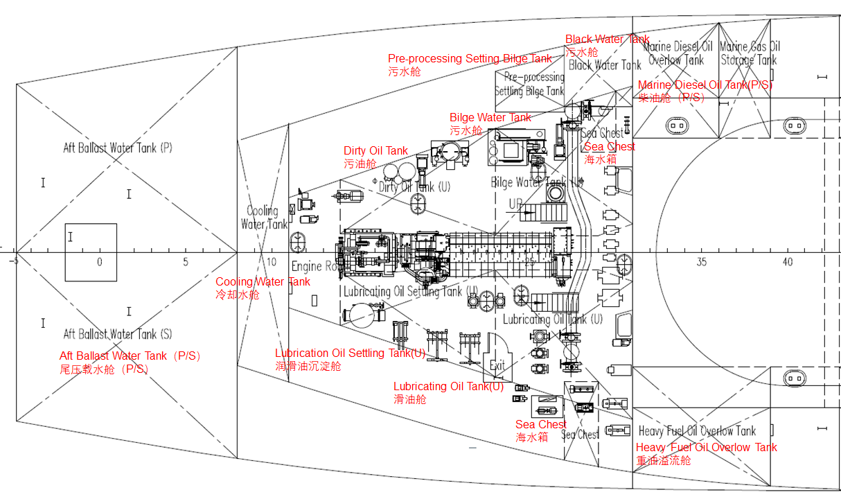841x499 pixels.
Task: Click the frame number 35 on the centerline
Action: (x=701, y=262)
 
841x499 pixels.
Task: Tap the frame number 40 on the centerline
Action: (x=788, y=262)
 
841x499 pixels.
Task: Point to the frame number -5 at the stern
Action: (x=13, y=262)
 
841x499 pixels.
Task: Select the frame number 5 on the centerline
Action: (x=186, y=262)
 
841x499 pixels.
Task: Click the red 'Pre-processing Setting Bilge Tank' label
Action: (x=470, y=59)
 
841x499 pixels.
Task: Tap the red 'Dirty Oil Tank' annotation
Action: (x=375, y=151)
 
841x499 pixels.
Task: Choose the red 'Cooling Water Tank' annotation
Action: (x=263, y=282)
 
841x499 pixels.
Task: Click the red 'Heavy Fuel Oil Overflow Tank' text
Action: (x=706, y=448)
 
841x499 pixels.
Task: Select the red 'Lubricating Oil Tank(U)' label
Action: (x=448, y=387)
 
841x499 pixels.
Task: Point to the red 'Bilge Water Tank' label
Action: (x=490, y=118)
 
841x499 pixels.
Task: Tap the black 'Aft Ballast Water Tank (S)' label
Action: (x=118, y=334)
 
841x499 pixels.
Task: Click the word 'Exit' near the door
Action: (x=497, y=365)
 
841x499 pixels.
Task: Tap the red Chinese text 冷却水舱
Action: (x=237, y=295)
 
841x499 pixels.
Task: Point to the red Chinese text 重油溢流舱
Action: (x=663, y=460)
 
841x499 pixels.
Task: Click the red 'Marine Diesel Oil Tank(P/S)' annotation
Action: (x=705, y=85)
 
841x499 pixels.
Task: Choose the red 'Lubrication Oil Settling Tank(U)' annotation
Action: (x=350, y=353)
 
